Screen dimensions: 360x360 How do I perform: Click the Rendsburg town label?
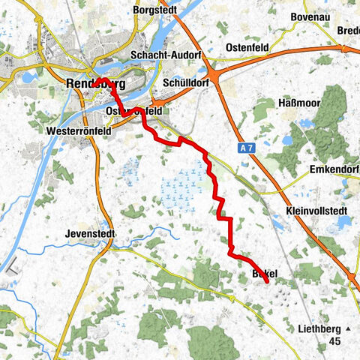point(95,84)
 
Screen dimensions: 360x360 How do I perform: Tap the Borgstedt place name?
point(157,11)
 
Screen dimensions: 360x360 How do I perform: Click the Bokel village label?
point(265,274)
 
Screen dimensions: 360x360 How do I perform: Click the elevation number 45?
point(334,341)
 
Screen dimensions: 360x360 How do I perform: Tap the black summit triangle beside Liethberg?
point(348,328)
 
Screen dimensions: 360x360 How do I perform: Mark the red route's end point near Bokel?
point(268,282)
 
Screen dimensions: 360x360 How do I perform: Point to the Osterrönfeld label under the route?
point(133,111)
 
